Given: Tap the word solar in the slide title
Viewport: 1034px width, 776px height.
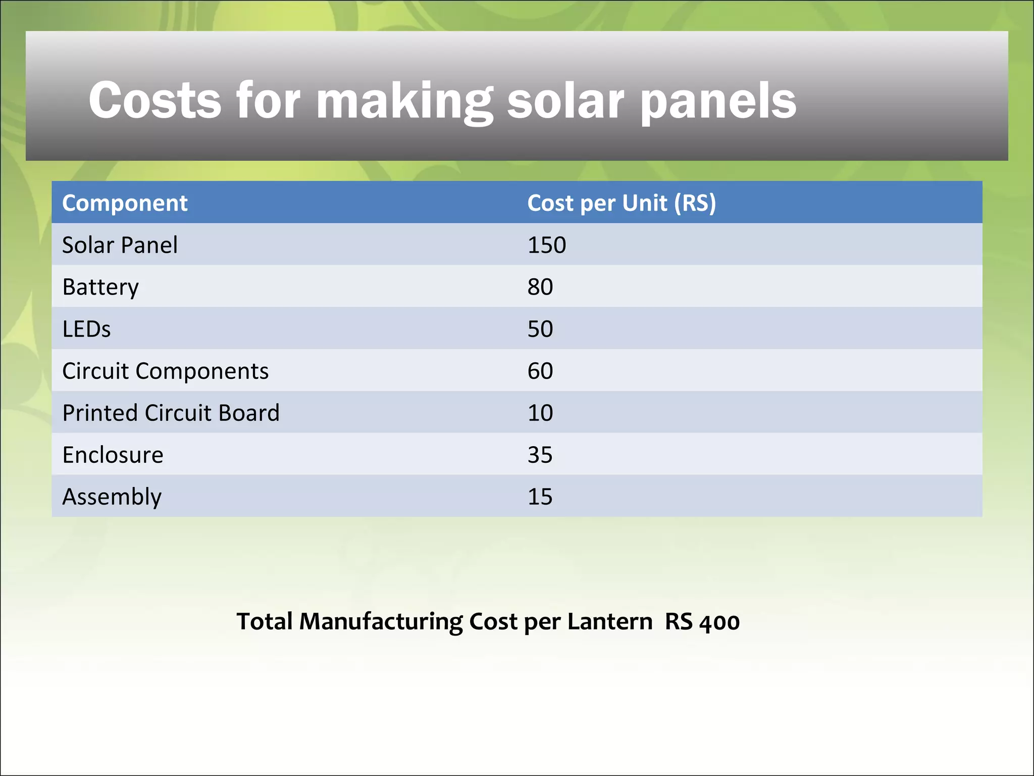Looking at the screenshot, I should (565, 101).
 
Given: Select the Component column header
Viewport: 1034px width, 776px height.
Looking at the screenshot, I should (125, 203).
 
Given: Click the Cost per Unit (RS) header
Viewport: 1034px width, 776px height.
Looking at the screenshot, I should (622, 203).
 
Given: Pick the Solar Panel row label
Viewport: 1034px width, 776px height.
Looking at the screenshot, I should (120, 245).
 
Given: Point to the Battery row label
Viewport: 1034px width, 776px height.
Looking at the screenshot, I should (100, 287).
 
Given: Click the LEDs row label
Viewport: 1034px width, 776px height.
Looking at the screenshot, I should (86, 329).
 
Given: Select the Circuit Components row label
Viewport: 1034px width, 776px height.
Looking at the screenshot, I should (165, 371).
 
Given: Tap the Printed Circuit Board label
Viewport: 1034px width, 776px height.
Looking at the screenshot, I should (171, 413).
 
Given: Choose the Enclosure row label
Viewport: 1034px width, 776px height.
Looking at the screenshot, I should (113, 455).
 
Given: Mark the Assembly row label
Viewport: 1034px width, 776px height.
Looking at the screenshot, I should (112, 497).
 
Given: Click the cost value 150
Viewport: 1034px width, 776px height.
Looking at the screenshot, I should (547, 245).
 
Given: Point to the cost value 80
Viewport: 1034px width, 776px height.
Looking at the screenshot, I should (540, 287).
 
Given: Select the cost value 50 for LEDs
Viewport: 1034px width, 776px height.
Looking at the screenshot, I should (540, 329).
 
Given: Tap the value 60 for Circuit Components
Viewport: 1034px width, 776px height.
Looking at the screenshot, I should (540, 371).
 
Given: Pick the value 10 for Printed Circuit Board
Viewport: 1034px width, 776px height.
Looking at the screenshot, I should (540, 413).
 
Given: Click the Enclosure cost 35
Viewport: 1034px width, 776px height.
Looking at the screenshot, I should (540, 455).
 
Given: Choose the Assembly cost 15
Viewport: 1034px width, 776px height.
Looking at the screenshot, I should (540, 497).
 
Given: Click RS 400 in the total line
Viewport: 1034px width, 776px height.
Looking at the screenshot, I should (702, 621).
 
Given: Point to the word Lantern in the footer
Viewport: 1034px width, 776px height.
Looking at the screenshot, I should (609, 621).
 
